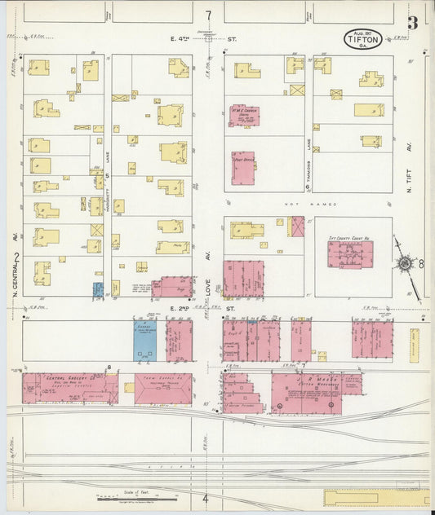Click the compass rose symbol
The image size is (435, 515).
[x=404, y=263]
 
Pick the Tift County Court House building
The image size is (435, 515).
[x=350, y=253]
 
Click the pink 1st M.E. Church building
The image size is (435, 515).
[x=243, y=115]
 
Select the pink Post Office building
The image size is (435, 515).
[x=242, y=168]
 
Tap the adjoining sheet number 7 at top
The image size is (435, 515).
[x=209, y=15]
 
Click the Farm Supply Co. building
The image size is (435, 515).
[x=162, y=389]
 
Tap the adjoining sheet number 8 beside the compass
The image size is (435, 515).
[x=421, y=264]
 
